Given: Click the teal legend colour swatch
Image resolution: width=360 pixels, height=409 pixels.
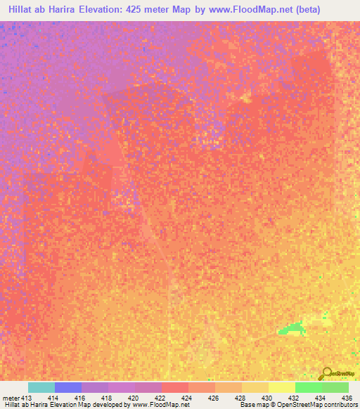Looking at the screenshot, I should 41,387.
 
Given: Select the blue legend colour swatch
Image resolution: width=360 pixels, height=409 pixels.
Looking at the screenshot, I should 68,387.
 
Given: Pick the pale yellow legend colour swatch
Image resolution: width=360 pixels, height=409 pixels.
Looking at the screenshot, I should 282,387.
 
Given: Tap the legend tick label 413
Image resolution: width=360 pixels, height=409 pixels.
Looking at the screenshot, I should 24,397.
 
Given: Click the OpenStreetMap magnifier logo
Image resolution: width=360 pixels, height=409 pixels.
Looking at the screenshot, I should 326,373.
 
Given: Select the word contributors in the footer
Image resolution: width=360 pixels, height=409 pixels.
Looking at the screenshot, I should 340,405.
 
